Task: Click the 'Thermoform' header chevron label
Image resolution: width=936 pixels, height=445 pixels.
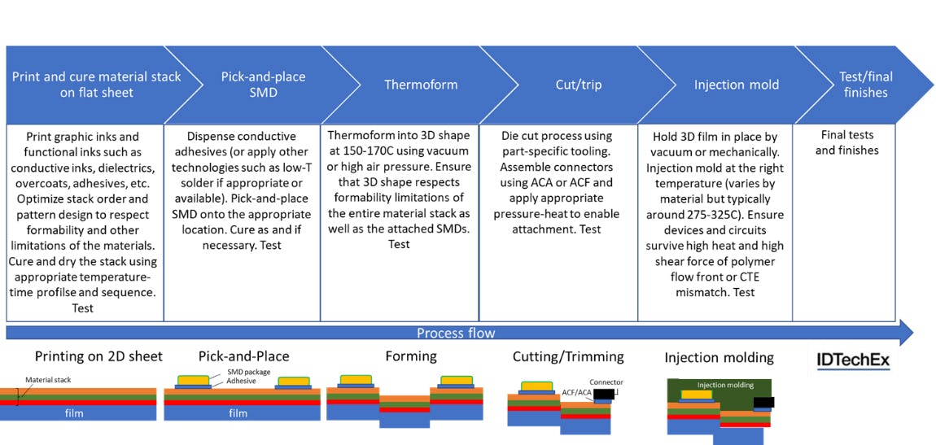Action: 421,85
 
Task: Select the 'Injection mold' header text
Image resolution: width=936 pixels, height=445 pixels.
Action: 736,85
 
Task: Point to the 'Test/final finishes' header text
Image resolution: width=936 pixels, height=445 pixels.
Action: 865,85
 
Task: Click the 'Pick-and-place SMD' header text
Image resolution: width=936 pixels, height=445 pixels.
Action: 262,85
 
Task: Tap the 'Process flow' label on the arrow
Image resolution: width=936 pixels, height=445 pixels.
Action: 455,333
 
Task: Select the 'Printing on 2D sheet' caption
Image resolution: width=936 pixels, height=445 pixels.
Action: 98,356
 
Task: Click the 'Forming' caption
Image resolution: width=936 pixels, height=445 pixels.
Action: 410,356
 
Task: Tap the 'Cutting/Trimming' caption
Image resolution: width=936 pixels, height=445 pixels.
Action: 568,356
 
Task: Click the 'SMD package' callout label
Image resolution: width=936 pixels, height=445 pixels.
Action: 249,372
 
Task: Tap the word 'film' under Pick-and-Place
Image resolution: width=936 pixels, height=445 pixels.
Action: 238,413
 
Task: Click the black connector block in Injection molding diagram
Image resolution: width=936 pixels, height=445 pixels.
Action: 763,401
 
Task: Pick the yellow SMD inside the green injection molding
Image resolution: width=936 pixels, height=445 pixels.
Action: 696,395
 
